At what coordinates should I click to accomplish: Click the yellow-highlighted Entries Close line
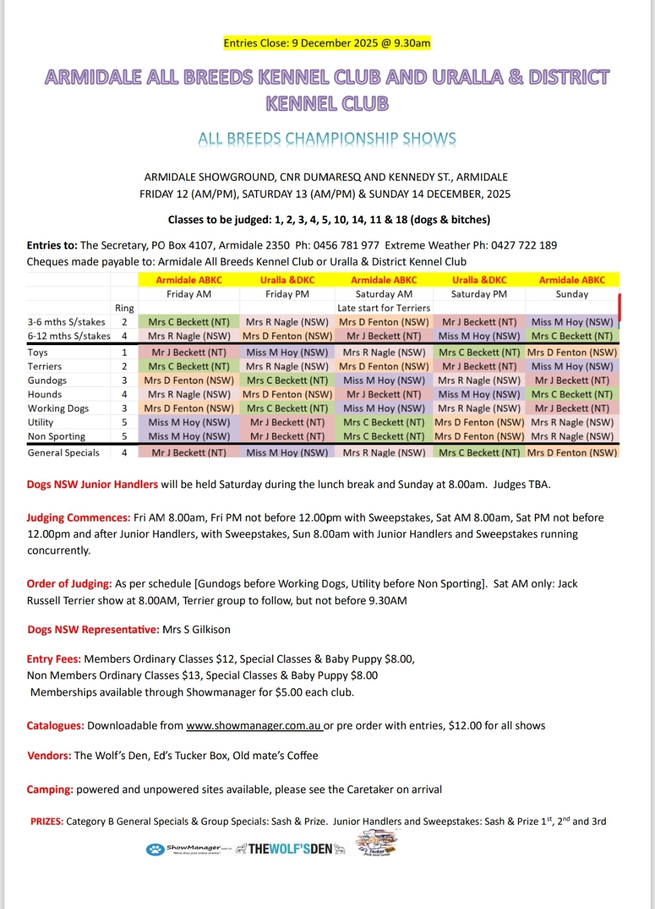[x=327, y=43]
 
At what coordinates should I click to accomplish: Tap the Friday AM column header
[x=189, y=294]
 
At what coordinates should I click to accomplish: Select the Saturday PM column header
[x=479, y=294]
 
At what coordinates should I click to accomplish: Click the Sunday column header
[x=572, y=294]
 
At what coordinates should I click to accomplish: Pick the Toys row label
[x=38, y=352]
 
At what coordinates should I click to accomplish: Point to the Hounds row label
[x=45, y=394]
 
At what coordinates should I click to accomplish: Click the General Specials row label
[x=64, y=452]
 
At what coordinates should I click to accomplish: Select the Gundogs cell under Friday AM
[x=189, y=380]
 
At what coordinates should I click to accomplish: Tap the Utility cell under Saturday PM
[x=479, y=422]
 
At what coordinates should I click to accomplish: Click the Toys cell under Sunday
[x=572, y=352]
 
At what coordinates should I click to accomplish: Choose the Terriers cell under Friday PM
[x=287, y=366]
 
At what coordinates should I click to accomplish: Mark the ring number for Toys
[x=124, y=352]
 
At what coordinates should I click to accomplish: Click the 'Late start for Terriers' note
[x=384, y=308]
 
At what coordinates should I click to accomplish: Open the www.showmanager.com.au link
[x=254, y=726]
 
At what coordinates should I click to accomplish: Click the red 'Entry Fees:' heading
[x=54, y=659]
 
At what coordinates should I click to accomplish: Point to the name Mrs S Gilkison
[x=196, y=629]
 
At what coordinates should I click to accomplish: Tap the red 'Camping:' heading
[x=50, y=790]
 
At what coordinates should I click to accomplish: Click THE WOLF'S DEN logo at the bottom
[x=291, y=849]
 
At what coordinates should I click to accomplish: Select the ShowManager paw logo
[x=156, y=850]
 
